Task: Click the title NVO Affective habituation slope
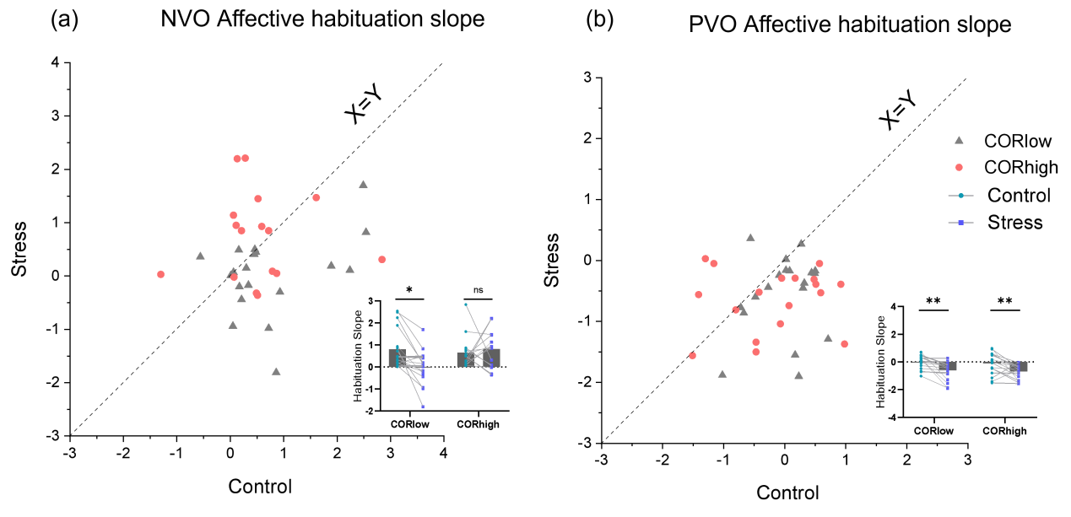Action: pyautogui.click(x=322, y=19)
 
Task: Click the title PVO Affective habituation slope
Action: pyautogui.click(x=850, y=24)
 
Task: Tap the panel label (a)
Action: pyautogui.click(x=64, y=19)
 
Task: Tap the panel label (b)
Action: pyautogui.click(x=599, y=19)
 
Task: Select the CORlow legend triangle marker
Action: pyautogui.click(x=959, y=141)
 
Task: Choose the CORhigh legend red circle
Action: pyautogui.click(x=959, y=167)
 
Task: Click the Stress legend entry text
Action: pyautogui.click(x=1014, y=223)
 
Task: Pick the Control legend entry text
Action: pyautogui.click(x=1019, y=196)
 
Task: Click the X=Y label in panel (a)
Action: pyautogui.click(x=365, y=107)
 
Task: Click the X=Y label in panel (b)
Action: pyautogui.click(x=898, y=111)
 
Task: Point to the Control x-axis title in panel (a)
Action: pyautogui.click(x=260, y=487)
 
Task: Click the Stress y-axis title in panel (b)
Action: pyautogui.click(x=551, y=261)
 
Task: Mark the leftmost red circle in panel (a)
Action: pyautogui.click(x=160, y=274)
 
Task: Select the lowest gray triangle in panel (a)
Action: pyautogui.click(x=276, y=372)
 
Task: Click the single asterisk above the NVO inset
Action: pyautogui.click(x=409, y=290)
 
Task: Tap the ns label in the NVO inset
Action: pyautogui.click(x=479, y=290)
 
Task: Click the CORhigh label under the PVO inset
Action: pyautogui.click(x=1004, y=431)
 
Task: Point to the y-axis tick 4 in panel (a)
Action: pyautogui.click(x=56, y=62)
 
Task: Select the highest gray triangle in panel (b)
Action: pyautogui.click(x=750, y=238)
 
